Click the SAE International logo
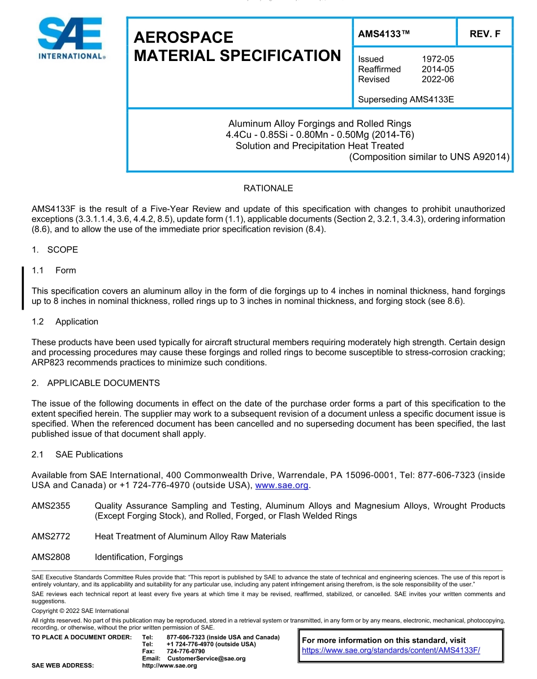pyautogui.click(x=71, y=38)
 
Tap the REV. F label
pyautogui.click(x=484, y=34)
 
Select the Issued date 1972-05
pyautogui.click(x=438, y=59)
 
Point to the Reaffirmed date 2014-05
pyautogui.click(x=438, y=69)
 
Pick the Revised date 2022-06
pyautogui.click(x=438, y=79)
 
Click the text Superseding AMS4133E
pyautogui.click(x=406, y=99)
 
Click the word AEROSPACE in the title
pyautogui.click(x=183, y=37)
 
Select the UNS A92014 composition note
pyautogui.click(x=430, y=156)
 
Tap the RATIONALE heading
pyautogui.click(x=268, y=188)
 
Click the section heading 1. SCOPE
pyautogui.click(x=55, y=250)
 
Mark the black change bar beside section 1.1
pyautogui.click(x=23, y=288)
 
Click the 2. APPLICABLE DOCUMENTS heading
pyautogui.click(x=96, y=383)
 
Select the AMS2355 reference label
pyautogui.click(x=51, y=506)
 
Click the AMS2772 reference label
pyautogui.click(x=51, y=536)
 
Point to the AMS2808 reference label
pyautogui.click(x=51, y=557)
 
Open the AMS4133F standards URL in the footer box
pyautogui.click(x=391, y=650)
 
